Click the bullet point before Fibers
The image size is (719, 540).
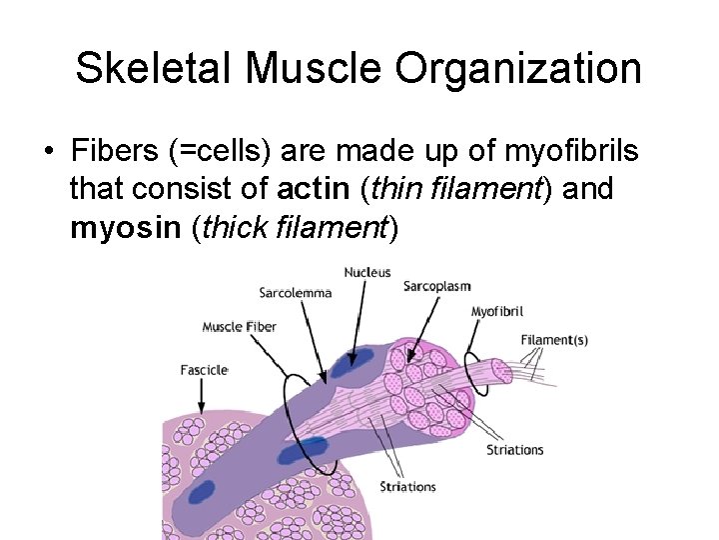coord(47,153)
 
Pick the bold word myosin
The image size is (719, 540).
coord(125,228)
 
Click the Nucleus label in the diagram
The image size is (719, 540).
coord(367,272)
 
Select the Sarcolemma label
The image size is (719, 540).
coord(295,293)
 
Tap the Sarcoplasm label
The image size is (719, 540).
coord(436,286)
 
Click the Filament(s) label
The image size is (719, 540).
coord(554,340)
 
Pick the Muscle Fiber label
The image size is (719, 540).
coord(239,326)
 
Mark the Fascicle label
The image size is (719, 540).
coord(204,369)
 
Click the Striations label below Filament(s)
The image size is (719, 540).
coord(514,450)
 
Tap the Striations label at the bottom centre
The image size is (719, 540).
coord(407,487)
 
